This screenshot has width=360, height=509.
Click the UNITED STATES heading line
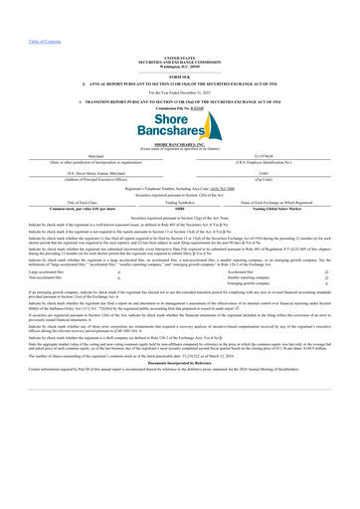(x=179, y=31)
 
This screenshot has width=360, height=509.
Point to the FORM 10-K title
(x=179, y=49)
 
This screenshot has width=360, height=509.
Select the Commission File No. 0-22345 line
(x=179, y=83)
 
